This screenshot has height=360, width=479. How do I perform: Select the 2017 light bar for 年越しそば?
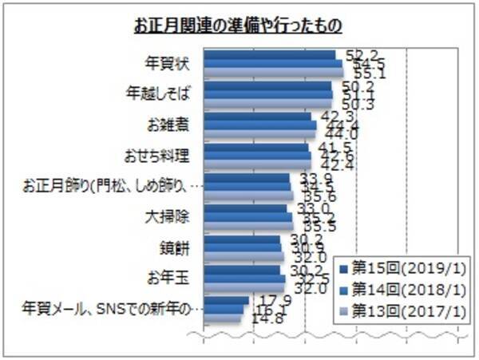tap(268, 103)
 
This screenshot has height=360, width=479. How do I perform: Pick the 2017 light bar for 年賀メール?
tap(223, 318)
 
